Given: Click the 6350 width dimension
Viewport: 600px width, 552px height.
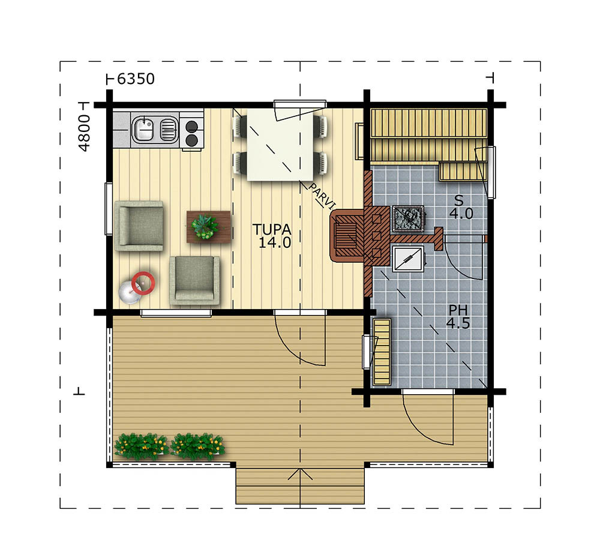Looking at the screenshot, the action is (136, 79).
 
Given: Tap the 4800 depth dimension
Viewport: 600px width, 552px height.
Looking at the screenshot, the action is (84, 133).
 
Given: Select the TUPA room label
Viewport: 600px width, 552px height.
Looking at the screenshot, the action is (272, 230).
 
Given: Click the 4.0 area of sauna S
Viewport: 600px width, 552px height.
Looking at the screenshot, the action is (461, 214).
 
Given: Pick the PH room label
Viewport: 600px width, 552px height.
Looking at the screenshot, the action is (458, 310).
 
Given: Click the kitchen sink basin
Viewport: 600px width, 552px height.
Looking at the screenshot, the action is (143, 128).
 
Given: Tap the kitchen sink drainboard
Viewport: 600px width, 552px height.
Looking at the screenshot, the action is (168, 129).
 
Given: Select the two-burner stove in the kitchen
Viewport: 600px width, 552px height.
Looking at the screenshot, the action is (191, 132).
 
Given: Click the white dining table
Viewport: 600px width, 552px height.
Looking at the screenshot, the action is (280, 145).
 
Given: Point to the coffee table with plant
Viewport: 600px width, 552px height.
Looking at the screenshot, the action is (209, 226).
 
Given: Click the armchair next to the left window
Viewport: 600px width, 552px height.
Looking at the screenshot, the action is (139, 226).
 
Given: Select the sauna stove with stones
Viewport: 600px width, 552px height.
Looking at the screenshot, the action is (408, 218).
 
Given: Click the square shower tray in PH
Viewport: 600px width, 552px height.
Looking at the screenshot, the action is (408, 259).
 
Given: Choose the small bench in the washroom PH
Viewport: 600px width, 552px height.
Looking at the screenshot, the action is (382, 352).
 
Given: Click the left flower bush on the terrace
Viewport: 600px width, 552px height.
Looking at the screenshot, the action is (141, 446).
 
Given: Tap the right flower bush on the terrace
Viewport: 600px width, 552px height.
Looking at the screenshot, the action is (197, 446).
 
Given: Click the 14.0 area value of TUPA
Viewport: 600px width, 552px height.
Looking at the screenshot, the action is (275, 242).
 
